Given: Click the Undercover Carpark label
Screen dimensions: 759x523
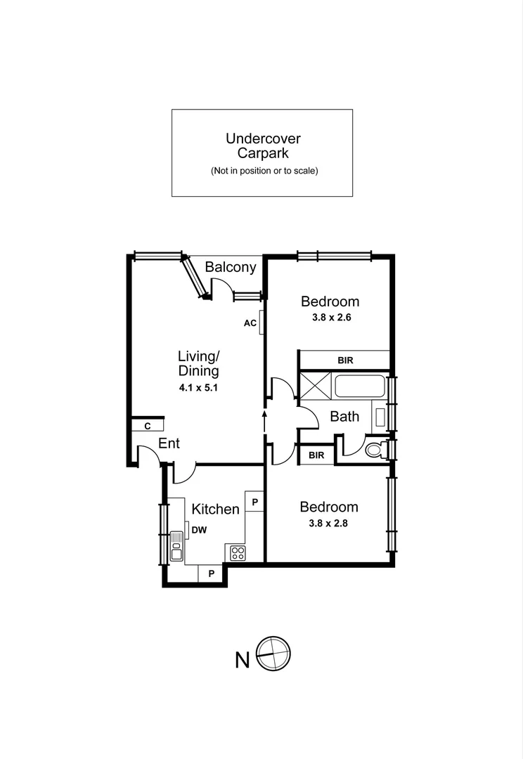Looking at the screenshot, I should pyautogui.click(x=261, y=145).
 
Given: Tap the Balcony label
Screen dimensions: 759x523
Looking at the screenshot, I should pyautogui.click(x=231, y=267).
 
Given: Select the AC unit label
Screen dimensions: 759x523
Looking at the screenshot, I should pyautogui.click(x=250, y=323).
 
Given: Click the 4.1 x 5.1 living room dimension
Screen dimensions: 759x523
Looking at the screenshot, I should pyautogui.click(x=198, y=387).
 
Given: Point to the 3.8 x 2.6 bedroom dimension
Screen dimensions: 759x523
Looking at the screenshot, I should pyautogui.click(x=330, y=317).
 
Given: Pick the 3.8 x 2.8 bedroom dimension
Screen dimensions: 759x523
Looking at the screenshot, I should pyautogui.click(x=329, y=522).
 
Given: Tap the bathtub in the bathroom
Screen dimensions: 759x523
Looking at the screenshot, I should pyautogui.click(x=360, y=387).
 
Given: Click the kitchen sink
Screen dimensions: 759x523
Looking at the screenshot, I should pyautogui.click(x=176, y=547).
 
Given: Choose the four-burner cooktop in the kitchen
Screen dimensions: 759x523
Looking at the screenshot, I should pyautogui.click(x=236, y=552).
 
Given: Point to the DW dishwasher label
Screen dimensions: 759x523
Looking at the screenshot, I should pyautogui.click(x=199, y=531).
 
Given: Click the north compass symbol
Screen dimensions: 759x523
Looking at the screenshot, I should pyautogui.click(x=273, y=654).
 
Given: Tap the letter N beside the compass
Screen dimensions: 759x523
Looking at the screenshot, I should pyautogui.click(x=242, y=661).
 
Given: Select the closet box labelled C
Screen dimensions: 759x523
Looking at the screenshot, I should pyautogui.click(x=148, y=426).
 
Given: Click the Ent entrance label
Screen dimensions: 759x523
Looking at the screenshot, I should pyautogui.click(x=169, y=443).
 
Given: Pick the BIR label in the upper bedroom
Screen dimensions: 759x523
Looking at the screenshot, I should pyautogui.click(x=344, y=361).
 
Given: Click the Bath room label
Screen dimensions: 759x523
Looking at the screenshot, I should pyautogui.click(x=344, y=416).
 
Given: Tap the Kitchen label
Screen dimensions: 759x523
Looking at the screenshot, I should pyautogui.click(x=216, y=508).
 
